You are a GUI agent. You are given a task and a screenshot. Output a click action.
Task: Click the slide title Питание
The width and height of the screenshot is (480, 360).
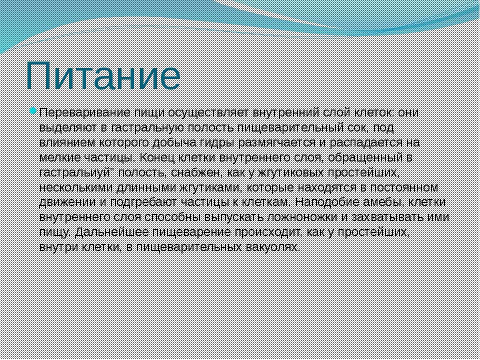click(x=103, y=76)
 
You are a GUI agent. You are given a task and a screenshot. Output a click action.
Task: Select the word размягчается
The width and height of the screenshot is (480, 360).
click(x=277, y=143)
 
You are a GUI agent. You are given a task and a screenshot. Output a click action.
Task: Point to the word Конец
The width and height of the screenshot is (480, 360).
click(x=157, y=157)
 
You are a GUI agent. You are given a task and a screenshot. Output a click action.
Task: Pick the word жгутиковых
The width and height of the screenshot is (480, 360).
click(x=291, y=172)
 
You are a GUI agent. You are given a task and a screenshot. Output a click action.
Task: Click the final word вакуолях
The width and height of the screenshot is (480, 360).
click(x=273, y=247)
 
